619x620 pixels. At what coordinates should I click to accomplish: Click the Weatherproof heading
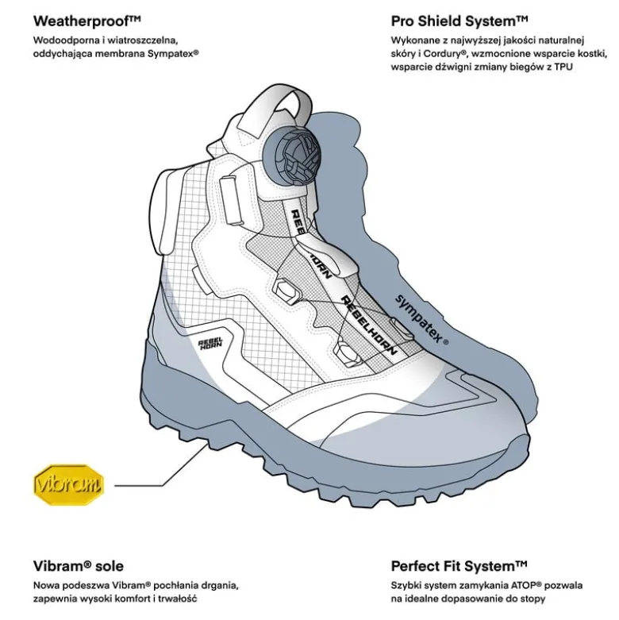pyautogui.click(x=87, y=21)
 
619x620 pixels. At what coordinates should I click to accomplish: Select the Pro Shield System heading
pyautogui.click(x=459, y=21)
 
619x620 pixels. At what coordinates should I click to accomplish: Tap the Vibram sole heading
pyautogui.click(x=79, y=566)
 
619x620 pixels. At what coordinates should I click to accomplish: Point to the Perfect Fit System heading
pyautogui.click(x=459, y=566)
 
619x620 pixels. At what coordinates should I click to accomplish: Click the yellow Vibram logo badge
pyautogui.click(x=68, y=484)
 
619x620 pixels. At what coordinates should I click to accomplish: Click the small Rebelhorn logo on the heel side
pyautogui.click(x=210, y=343)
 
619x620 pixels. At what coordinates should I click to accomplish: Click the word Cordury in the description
pyautogui.click(x=445, y=54)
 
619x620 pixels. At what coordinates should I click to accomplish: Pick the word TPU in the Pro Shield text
pyautogui.click(x=563, y=67)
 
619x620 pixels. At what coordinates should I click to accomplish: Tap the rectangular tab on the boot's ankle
pyautogui.click(x=231, y=201)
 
